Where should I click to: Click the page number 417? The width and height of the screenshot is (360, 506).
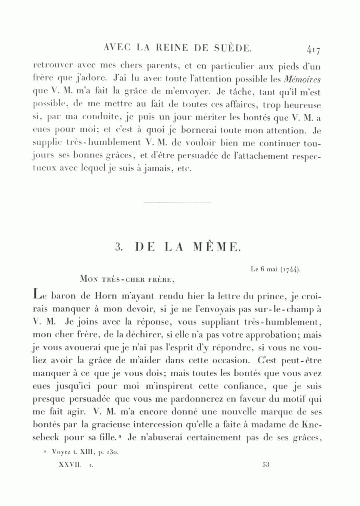coord(313,50)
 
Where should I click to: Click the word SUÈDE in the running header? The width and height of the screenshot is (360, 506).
coord(232,48)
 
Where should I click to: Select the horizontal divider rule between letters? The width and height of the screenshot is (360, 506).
coord(176,203)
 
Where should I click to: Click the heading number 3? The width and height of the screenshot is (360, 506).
coord(118,247)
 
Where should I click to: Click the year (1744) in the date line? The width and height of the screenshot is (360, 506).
coord(290,269)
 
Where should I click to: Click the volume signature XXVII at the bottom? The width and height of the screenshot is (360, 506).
coord(70,465)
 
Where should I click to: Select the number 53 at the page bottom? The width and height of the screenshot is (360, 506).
coord(266,465)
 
